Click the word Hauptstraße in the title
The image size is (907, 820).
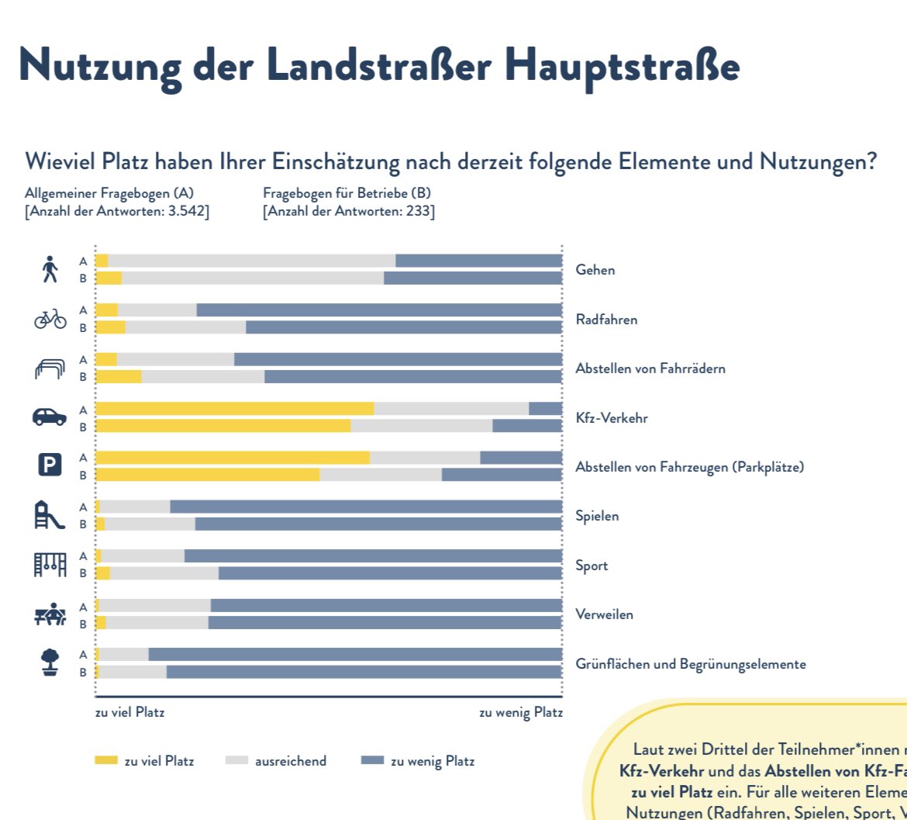click(622, 67)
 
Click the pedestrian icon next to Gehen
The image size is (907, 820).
click(50, 269)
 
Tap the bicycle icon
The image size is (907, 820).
click(50, 318)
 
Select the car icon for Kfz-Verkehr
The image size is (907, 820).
click(50, 417)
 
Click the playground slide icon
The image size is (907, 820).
click(48, 515)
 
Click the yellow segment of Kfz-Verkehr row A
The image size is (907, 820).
click(234, 409)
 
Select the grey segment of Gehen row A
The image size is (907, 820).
click(252, 261)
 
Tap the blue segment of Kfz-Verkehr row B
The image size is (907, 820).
click(527, 426)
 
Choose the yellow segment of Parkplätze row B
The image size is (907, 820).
click(207, 475)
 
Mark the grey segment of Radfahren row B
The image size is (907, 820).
click(185, 327)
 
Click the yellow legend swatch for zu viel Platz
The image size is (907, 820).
click(105, 761)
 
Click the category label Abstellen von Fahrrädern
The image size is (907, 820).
click(650, 368)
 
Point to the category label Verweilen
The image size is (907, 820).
click(604, 614)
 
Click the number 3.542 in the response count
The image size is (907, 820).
click(187, 212)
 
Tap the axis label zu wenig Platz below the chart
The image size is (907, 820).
click(520, 713)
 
